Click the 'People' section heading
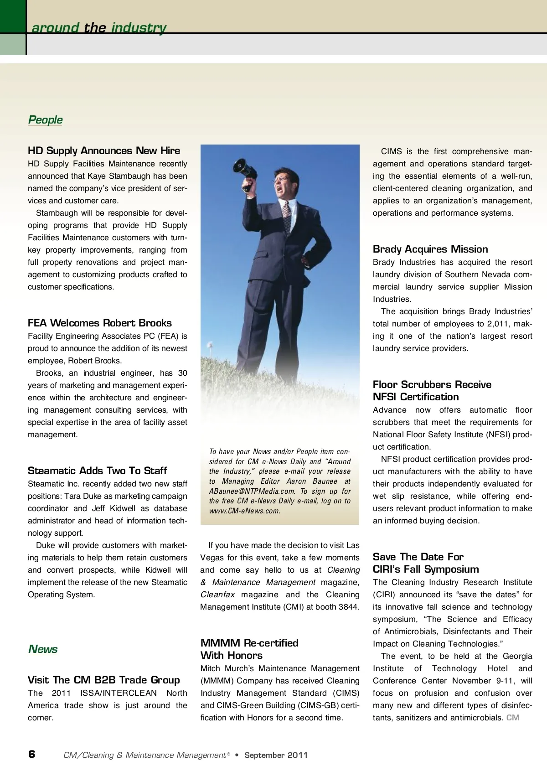click(x=45, y=120)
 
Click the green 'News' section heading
click(x=43, y=649)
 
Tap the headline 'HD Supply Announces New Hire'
click(x=104, y=151)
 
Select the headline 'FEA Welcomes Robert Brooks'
click(x=100, y=323)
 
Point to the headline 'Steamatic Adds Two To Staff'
click(x=97, y=471)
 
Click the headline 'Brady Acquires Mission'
click(x=430, y=249)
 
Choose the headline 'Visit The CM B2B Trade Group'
click(x=104, y=680)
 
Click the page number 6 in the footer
click(x=31, y=754)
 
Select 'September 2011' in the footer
click(x=276, y=755)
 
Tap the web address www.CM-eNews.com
click(x=244, y=511)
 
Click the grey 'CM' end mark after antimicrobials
click(x=513, y=718)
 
